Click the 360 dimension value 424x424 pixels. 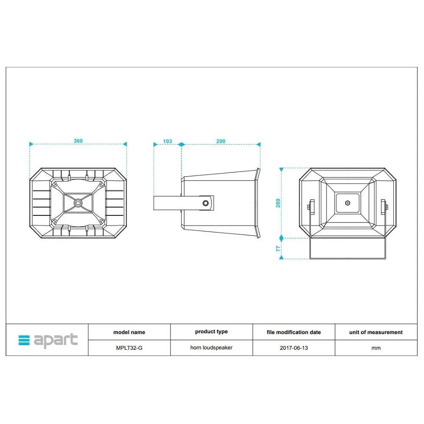[78, 141]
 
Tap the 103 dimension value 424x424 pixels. [167, 141]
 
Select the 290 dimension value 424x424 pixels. [220, 141]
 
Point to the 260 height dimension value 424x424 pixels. [278, 203]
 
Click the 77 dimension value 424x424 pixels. [278, 248]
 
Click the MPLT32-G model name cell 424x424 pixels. [129, 348]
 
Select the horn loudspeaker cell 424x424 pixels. [211, 348]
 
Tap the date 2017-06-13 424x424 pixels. [294, 348]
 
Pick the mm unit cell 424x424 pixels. [376, 348]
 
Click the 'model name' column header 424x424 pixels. [129, 332]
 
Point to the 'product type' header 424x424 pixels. [211, 332]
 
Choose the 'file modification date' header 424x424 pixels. [294, 332]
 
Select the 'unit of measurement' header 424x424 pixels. [376, 332]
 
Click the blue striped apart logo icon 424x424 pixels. [24, 340]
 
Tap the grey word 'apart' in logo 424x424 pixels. [56, 340]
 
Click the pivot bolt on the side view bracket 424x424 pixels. [206, 203]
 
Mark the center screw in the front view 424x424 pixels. [348, 203]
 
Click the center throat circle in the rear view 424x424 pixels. [78, 203]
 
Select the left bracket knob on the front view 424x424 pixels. [311, 207]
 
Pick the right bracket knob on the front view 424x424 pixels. [384, 207]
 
